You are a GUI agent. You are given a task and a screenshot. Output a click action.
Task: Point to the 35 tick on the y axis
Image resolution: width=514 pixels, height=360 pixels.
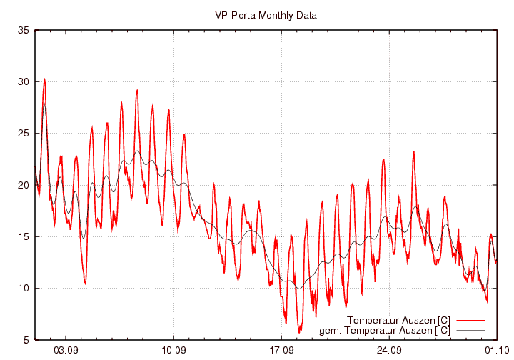pos(24,31)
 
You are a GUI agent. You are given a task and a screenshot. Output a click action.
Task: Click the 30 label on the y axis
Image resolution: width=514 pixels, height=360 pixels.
pos(24,82)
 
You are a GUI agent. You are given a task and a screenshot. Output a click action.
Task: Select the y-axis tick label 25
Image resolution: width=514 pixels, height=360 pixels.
pos(24,134)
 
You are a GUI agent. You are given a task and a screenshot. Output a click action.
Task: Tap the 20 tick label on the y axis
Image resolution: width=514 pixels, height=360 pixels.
pos(24,185)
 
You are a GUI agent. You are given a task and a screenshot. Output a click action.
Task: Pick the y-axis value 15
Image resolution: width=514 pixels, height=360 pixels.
pos(24,236)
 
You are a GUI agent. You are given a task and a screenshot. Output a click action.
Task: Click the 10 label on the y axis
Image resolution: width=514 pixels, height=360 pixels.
pos(24,288)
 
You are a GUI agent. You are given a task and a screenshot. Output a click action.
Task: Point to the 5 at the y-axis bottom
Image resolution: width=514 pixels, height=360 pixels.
pos(26,339)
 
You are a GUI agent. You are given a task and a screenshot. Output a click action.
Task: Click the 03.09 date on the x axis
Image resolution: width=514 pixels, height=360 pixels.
pos(66,350)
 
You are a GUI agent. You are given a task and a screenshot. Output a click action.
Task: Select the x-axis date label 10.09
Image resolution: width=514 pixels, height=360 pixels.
pos(174,350)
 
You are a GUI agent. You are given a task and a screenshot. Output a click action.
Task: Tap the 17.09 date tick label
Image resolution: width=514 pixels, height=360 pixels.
pos(282,350)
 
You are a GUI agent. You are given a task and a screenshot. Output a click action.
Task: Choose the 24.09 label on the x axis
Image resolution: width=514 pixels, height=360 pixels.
pos(390,350)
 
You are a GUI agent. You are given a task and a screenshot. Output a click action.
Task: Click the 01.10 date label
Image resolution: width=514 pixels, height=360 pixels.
pos(497,350)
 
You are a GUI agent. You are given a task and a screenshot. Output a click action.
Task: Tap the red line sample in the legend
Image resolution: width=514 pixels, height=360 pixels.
pos(470,319)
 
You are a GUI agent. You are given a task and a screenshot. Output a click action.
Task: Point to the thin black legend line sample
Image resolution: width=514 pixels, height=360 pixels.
pos(470,330)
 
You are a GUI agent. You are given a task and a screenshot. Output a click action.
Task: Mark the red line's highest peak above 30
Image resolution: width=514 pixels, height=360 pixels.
pos(44,79)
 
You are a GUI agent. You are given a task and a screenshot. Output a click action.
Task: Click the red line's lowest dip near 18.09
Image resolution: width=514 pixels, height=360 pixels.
pos(299,332)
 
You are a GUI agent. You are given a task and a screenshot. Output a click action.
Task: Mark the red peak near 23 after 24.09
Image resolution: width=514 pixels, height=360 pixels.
pos(413,151)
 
